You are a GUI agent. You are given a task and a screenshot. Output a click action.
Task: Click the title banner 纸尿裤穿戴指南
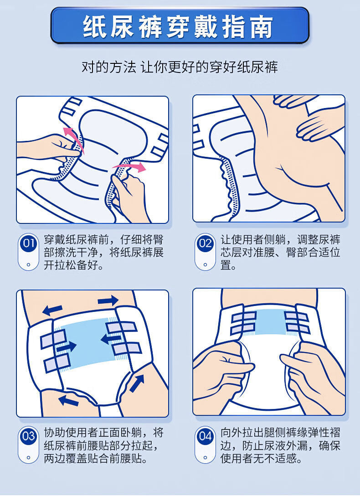(x=180, y=26)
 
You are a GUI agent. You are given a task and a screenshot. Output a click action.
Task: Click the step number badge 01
(x=28, y=243)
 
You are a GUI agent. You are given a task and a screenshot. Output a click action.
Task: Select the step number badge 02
(x=205, y=243)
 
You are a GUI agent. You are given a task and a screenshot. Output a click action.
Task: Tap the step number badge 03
(x=28, y=436)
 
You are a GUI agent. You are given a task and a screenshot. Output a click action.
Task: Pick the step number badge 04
(x=205, y=436)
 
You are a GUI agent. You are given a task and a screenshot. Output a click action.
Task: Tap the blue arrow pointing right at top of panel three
(x=108, y=300)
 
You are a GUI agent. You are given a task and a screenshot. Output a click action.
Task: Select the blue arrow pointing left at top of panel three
(x=52, y=310)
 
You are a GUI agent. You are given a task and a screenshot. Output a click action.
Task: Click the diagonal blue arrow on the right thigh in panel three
(x=137, y=383)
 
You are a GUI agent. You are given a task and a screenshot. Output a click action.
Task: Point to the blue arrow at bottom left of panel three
(x=68, y=400)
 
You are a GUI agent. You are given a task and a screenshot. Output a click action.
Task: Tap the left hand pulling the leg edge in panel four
(x=223, y=369)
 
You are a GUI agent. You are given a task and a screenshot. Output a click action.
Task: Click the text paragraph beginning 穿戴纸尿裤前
(x=103, y=253)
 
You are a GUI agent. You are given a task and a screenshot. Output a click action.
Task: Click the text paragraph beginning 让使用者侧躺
(x=280, y=253)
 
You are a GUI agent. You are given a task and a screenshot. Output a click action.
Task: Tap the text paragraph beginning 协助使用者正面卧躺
(x=103, y=445)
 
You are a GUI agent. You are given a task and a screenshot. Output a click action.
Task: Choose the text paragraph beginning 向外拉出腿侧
(x=280, y=445)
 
